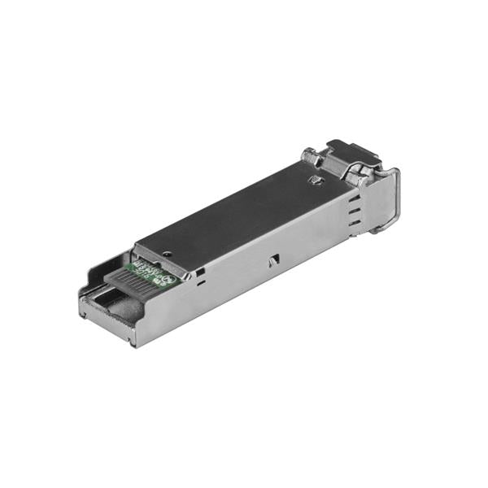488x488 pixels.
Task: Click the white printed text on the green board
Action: [155, 269]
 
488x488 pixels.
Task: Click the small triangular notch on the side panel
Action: [275, 259]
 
